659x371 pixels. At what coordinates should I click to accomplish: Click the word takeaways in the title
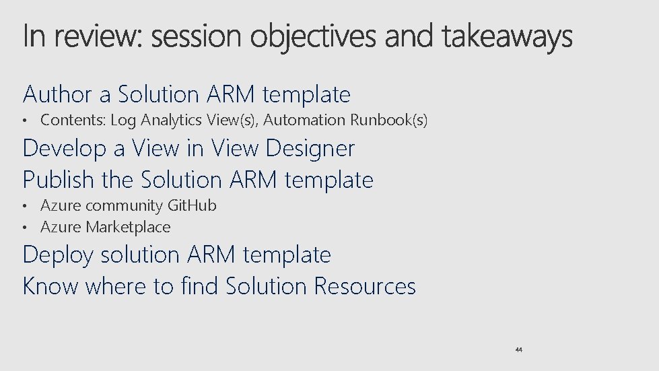(508, 38)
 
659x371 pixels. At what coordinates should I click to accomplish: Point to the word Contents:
(73, 121)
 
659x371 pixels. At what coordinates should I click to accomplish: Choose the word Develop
(65, 148)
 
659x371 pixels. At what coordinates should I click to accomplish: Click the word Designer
(312, 148)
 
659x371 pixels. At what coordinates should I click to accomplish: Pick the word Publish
(59, 180)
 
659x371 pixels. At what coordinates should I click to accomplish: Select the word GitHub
(192, 205)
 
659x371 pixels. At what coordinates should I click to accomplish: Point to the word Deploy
(58, 255)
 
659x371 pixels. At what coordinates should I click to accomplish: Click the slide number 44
(518, 350)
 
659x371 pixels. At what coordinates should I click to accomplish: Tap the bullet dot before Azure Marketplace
(26, 228)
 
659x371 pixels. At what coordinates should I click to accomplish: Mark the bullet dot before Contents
(26, 121)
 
